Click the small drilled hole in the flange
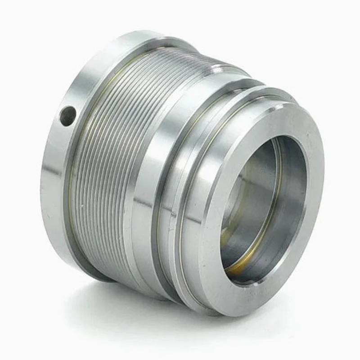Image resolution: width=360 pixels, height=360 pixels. (x=68, y=115)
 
